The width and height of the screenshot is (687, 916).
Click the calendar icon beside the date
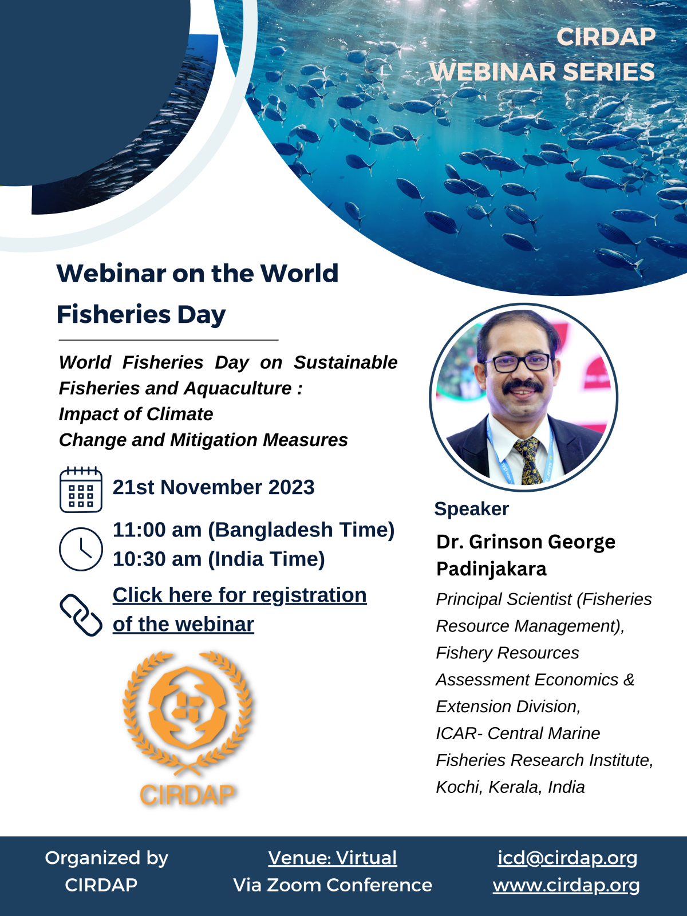(x=81, y=489)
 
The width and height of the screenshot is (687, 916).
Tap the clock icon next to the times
(x=81, y=549)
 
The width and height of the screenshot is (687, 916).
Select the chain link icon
(x=81, y=615)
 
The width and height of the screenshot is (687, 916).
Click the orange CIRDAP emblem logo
(x=187, y=729)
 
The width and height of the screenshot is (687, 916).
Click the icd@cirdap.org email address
(x=567, y=858)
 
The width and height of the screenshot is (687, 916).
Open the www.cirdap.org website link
(x=566, y=886)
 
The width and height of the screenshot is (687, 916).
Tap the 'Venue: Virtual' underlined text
(x=333, y=858)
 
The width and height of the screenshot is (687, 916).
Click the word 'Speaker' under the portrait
(x=471, y=509)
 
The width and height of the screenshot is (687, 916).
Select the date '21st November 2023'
(x=214, y=487)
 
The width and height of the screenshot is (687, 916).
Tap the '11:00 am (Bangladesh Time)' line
(x=254, y=530)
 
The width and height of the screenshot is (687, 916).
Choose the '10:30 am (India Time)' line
(x=219, y=559)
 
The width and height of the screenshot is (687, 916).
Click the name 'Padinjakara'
(x=491, y=569)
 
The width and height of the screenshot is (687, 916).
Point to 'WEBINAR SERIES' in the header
(x=542, y=72)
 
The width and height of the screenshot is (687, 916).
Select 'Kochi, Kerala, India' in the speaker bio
(x=511, y=787)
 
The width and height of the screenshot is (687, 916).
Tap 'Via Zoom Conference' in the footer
(x=333, y=885)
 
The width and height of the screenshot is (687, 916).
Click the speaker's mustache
(x=523, y=386)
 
